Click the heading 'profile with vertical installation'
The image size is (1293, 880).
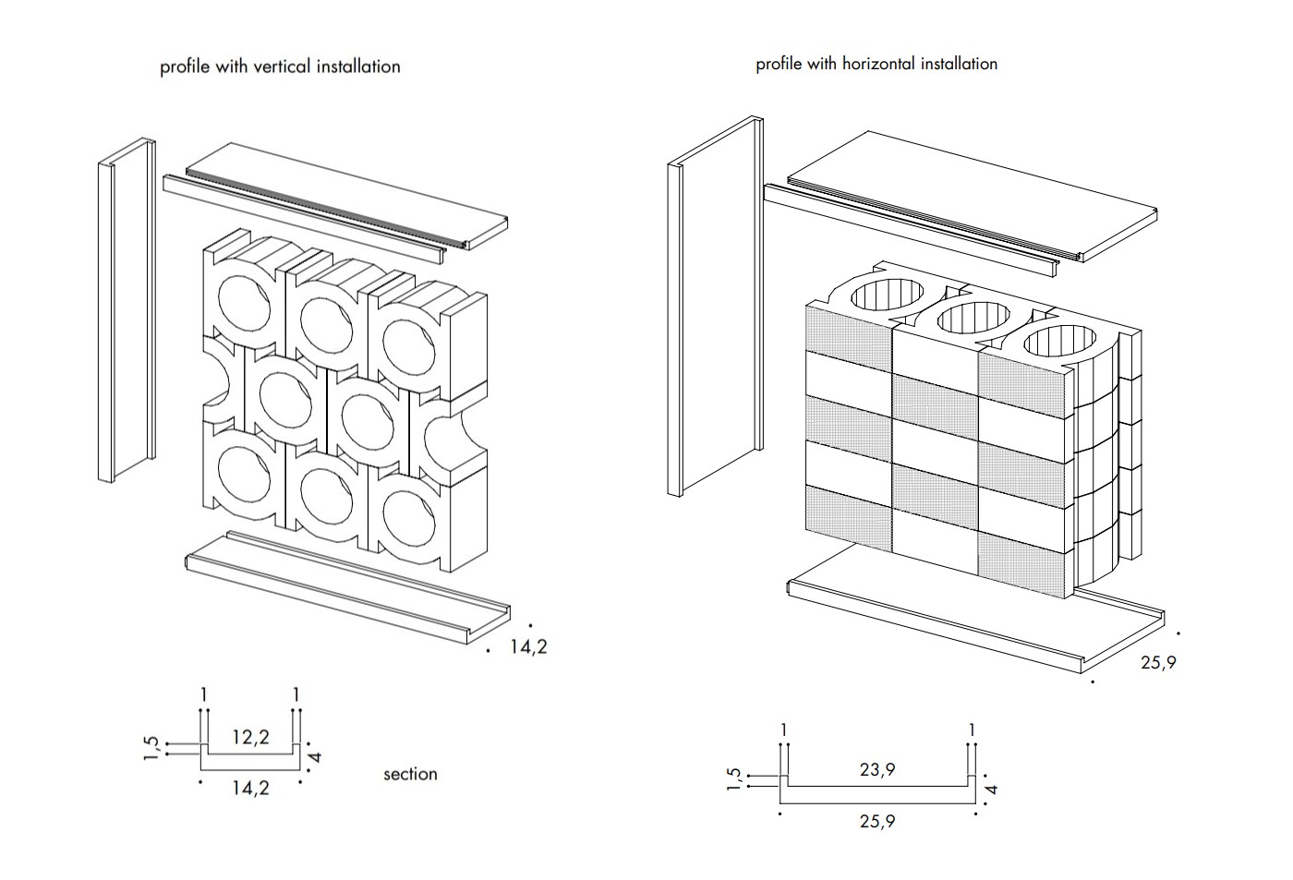tap(280, 66)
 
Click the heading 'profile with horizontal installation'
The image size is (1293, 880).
tap(876, 64)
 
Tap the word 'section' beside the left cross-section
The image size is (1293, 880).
tap(410, 774)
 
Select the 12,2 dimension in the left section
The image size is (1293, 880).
tap(250, 737)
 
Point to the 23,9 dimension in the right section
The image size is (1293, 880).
tap(876, 768)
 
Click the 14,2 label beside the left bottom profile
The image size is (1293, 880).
tap(528, 646)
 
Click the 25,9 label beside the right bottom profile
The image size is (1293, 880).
tap(1158, 662)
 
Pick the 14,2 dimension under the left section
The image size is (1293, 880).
tap(250, 788)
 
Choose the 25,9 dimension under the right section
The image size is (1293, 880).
tap(876, 820)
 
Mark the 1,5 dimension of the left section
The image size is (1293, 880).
tap(153, 748)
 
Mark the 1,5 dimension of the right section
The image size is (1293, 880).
tap(734, 778)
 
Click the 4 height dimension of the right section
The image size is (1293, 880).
tap(993, 789)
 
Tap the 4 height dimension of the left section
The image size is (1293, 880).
tap(316, 756)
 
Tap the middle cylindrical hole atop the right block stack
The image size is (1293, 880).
tap(972, 319)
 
